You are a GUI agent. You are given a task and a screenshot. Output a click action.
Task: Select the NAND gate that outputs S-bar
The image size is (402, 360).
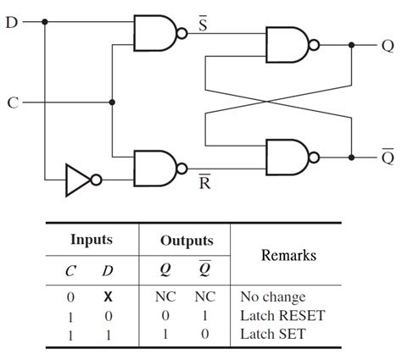click(155, 33)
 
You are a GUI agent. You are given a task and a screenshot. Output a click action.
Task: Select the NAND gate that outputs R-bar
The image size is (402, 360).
click(155, 166)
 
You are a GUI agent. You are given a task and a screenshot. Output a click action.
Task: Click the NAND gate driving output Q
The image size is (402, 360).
click(288, 47)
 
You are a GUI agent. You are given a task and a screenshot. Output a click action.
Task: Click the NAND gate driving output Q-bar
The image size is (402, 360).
click(288, 156)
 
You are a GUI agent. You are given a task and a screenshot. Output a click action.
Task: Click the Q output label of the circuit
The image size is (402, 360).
click(388, 47)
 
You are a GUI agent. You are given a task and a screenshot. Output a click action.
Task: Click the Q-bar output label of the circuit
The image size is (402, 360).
click(388, 157)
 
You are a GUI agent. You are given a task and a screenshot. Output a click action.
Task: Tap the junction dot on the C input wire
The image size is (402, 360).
click(112, 102)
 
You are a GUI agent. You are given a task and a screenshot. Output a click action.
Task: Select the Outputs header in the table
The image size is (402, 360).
click(187, 241)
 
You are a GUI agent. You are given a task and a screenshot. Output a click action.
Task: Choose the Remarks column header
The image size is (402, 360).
click(288, 255)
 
